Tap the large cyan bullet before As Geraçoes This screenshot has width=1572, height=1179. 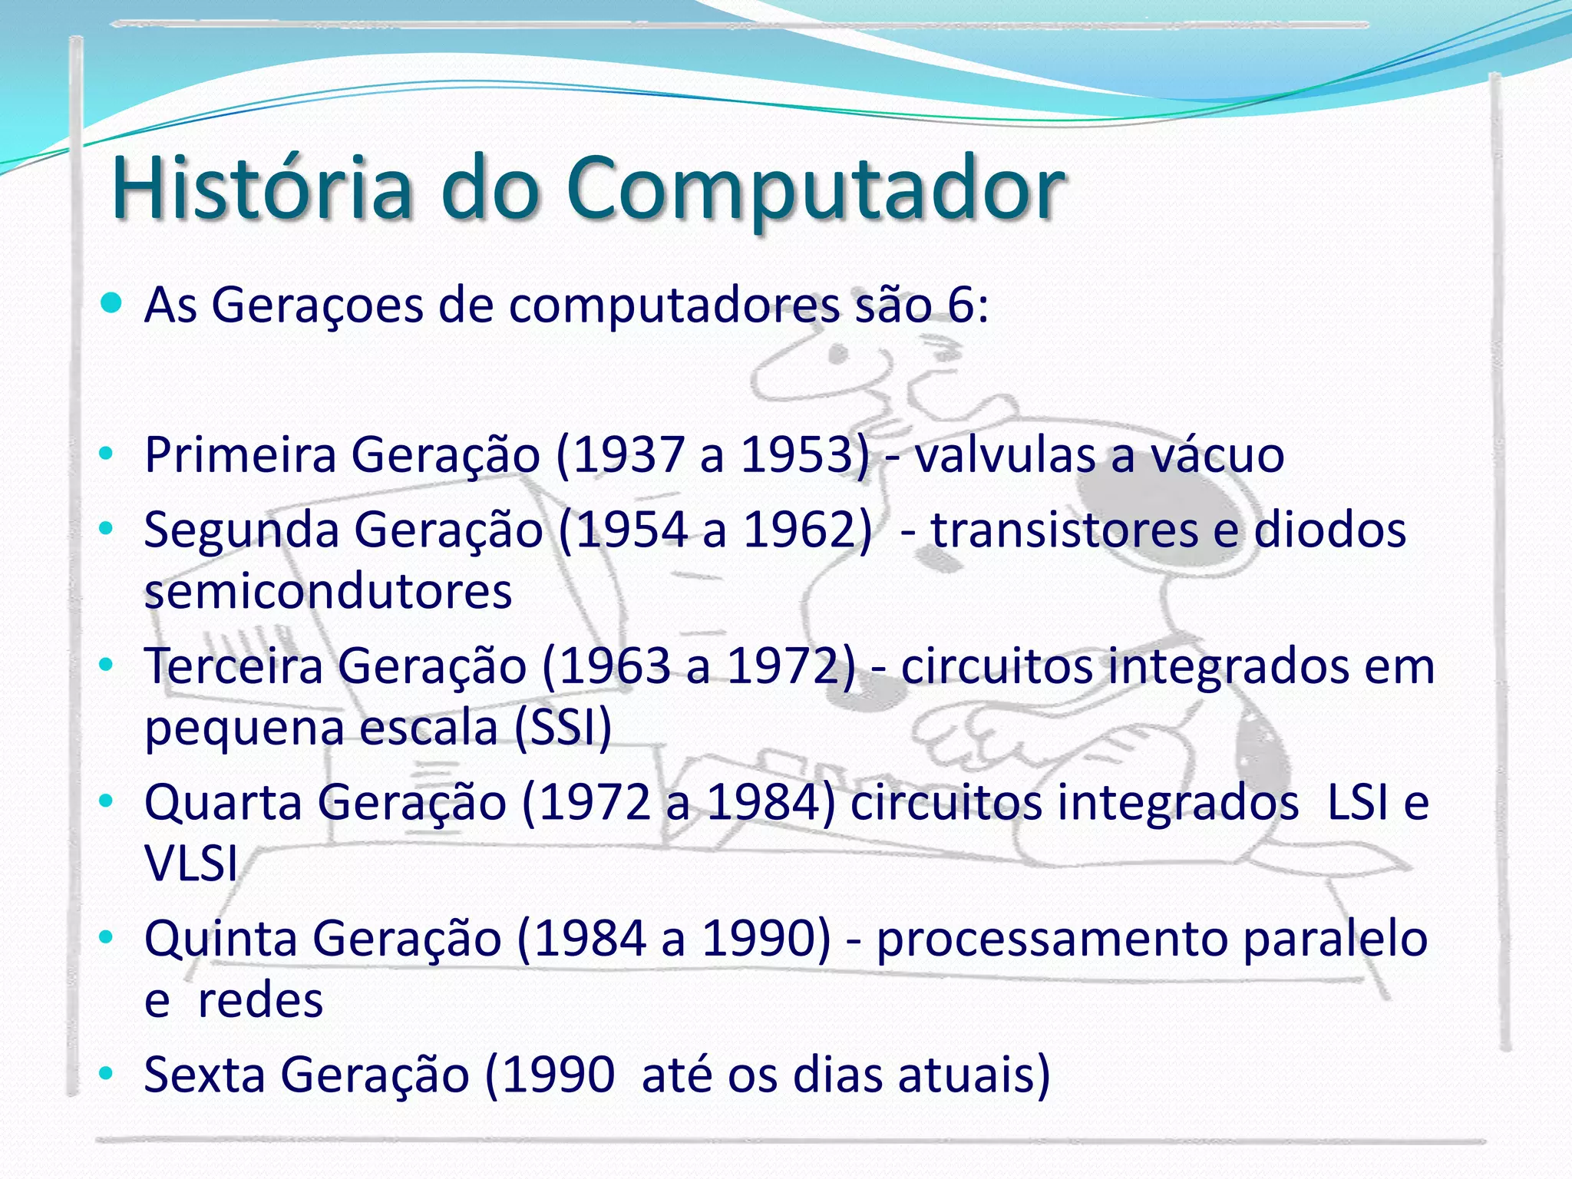point(111,303)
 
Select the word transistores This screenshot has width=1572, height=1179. point(1064,530)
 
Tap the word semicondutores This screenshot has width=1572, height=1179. point(328,591)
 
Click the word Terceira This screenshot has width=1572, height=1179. point(234,666)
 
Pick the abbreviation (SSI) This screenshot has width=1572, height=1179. point(563,727)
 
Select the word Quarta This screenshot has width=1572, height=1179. point(223,803)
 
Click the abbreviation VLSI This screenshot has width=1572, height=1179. point(191,864)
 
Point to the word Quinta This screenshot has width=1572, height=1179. point(220,939)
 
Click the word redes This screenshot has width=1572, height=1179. point(260,1000)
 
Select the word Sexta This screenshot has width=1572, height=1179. point(204,1074)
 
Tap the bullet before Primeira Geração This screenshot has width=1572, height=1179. point(106,454)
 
